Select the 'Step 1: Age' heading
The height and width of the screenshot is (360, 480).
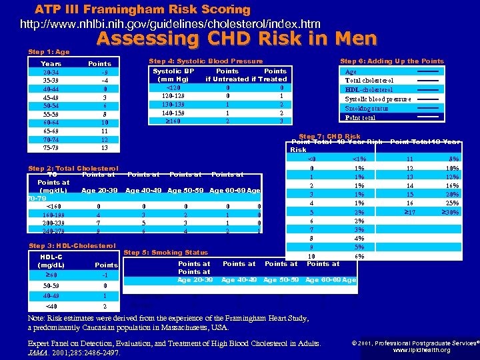coord(49,51)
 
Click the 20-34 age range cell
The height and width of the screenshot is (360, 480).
coord(51,72)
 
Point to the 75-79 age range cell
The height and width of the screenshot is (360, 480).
coord(51,147)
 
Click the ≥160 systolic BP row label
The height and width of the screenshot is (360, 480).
coord(173,121)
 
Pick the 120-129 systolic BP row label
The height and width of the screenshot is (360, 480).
coord(173,95)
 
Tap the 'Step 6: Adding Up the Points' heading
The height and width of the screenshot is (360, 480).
coord(392,61)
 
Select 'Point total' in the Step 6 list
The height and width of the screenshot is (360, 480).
coord(360,117)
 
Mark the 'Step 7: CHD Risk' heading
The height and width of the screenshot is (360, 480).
coord(329,137)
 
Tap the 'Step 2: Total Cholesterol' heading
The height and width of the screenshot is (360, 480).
coord(73,168)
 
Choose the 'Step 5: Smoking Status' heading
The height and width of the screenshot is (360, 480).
coord(166,253)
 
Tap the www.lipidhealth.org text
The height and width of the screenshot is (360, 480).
coord(421,349)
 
